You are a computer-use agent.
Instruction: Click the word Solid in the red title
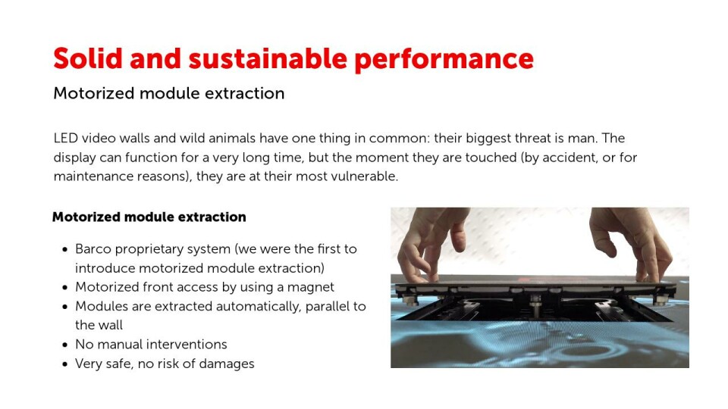coord(88,58)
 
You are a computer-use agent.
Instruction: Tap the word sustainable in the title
coord(268,58)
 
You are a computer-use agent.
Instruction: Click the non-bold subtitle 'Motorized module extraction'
coord(168,93)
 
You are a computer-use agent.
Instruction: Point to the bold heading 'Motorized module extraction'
coord(149,217)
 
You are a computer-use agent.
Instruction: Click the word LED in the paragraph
coord(65,138)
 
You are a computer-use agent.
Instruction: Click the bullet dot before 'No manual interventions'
coord(65,345)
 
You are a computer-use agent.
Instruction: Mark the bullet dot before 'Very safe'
coord(65,364)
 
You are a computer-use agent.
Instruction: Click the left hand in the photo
coord(431,243)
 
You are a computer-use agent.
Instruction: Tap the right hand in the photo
coord(632,241)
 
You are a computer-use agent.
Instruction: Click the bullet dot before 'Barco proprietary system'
coord(65,250)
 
